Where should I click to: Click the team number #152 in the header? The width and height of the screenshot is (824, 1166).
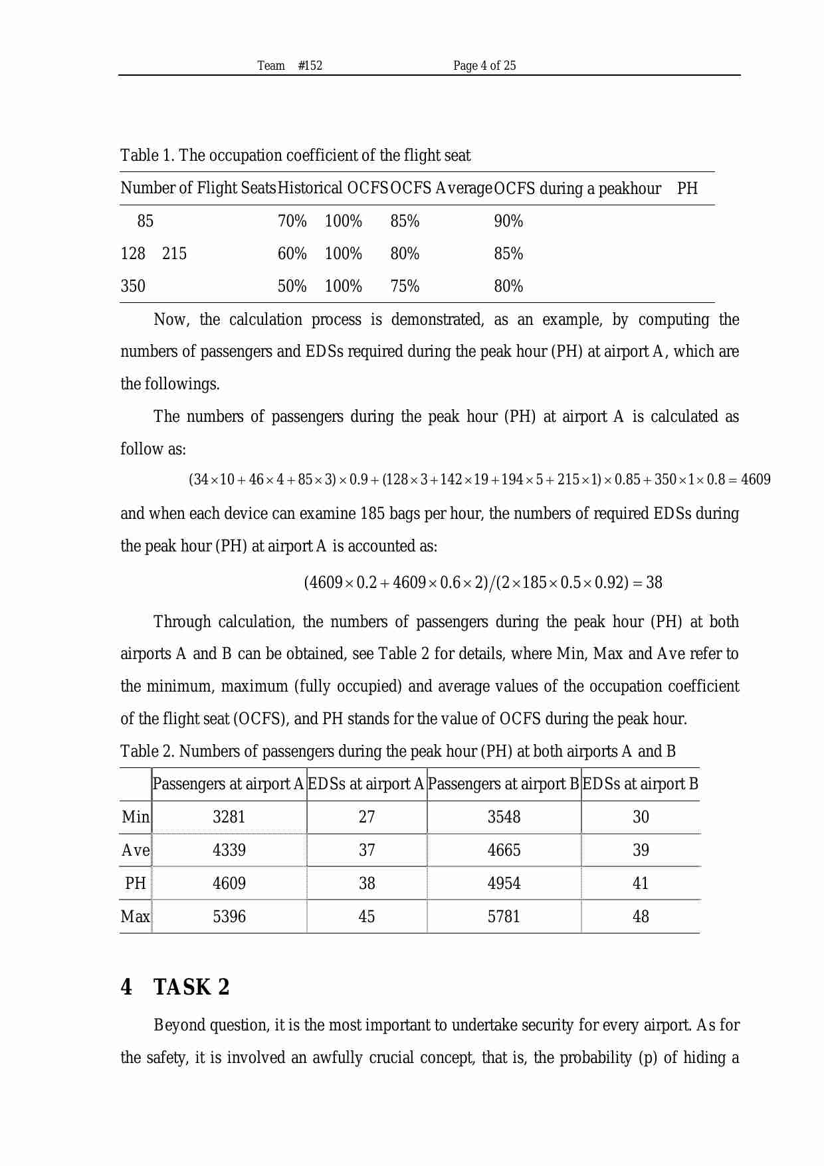pos(310,65)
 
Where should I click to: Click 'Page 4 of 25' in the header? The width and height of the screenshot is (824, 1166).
pos(484,65)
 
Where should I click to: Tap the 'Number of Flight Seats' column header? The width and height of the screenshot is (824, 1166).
pos(197,188)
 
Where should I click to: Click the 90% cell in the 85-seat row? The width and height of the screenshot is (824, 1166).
pos(508,221)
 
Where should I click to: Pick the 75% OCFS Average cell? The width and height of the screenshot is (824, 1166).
pos(405,286)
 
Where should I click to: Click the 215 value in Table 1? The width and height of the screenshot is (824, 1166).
pos(174,254)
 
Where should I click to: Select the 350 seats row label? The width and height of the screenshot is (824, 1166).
pos(133,286)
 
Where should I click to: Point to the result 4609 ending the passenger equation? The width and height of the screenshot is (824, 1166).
pos(756,480)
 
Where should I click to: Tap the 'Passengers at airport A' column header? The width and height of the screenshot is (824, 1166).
pos(228,784)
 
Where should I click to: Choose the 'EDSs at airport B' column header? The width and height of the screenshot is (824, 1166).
pos(640,784)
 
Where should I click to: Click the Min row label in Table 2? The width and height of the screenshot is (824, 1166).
pos(136,817)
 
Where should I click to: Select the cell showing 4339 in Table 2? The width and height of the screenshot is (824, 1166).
pos(229,850)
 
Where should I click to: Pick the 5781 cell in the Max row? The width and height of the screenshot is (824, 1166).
pos(504,917)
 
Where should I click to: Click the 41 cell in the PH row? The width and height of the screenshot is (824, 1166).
pos(641,884)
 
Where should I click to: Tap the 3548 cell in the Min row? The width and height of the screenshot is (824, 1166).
pos(504,817)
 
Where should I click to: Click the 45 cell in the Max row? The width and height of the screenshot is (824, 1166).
pos(367,917)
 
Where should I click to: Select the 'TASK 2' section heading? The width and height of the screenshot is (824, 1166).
pos(191,987)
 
